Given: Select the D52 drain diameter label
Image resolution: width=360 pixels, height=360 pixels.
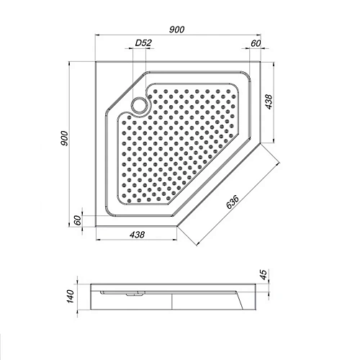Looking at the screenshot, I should coord(144,45).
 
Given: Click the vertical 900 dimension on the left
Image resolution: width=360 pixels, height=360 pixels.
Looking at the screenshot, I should coord(66,139).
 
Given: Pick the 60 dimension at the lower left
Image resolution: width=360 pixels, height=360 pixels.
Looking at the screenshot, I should coord(76,222).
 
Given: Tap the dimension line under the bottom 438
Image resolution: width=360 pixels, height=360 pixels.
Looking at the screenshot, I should coord(137,240).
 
